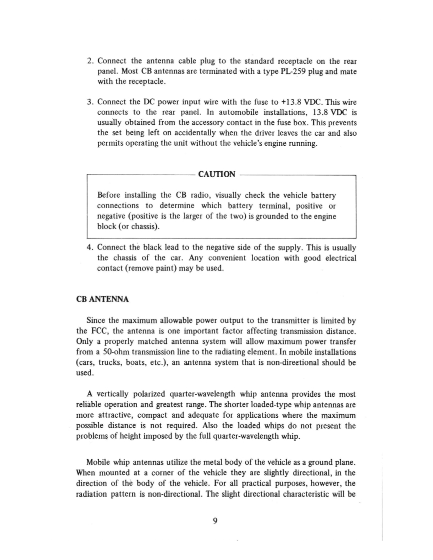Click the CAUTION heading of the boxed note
click(x=216, y=174)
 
